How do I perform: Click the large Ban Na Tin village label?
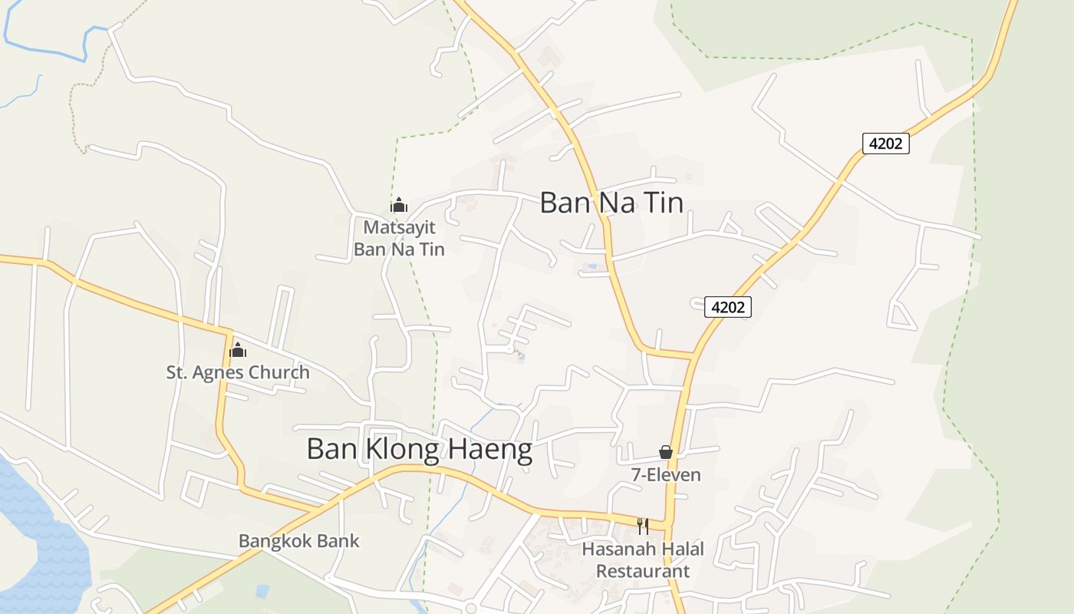(611, 203)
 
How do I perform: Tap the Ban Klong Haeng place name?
(419, 450)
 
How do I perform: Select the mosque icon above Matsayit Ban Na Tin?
(398, 205)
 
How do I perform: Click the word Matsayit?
(399, 228)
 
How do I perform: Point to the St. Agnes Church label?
(238, 373)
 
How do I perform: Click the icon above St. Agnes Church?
(238, 351)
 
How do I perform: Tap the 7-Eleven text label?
(666, 475)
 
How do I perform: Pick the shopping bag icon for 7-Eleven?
(666, 453)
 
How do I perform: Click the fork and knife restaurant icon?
(643, 527)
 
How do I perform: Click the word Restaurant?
(643, 572)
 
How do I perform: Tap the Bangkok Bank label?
(298, 541)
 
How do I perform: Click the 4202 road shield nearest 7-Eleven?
(728, 308)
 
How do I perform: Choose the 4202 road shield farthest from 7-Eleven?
(885, 144)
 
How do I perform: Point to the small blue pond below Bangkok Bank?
(262, 591)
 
